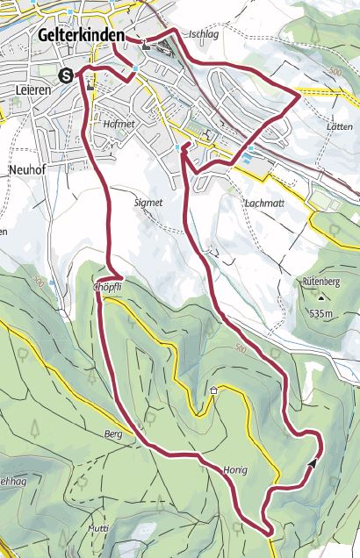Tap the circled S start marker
(x=65, y=75)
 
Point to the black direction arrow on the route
(x=313, y=462)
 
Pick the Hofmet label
(x=118, y=125)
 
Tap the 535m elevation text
(x=322, y=313)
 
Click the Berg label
(x=113, y=434)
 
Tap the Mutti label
(x=97, y=529)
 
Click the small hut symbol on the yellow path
(x=212, y=390)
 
